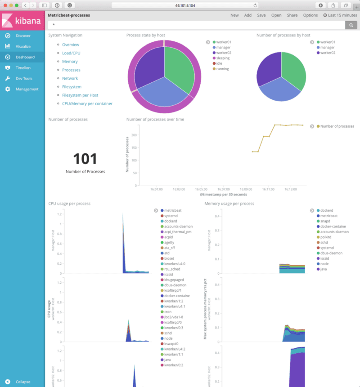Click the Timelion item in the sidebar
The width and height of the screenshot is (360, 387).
tap(23, 67)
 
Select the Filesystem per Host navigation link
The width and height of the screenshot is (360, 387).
tap(80, 95)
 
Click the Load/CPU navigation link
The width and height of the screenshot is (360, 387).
tap(71, 53)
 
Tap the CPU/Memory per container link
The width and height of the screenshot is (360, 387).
tap(87, 104)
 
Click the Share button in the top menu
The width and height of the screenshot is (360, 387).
tap(292, 15)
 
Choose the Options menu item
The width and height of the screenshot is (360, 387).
tap(310, 15)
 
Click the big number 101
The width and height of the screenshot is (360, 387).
tap(85, 158)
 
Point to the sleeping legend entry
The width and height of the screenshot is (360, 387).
tap(223, 58)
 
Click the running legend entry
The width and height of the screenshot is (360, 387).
tap(222, 69)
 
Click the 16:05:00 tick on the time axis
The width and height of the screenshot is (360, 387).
tap(201, 189)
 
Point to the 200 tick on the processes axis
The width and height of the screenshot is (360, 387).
tap(134, 134)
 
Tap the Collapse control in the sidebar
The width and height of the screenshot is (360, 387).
tap(23, 382)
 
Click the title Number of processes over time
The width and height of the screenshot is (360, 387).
tap(155, 120)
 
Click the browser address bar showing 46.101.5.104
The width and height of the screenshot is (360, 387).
tap(184, 5)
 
